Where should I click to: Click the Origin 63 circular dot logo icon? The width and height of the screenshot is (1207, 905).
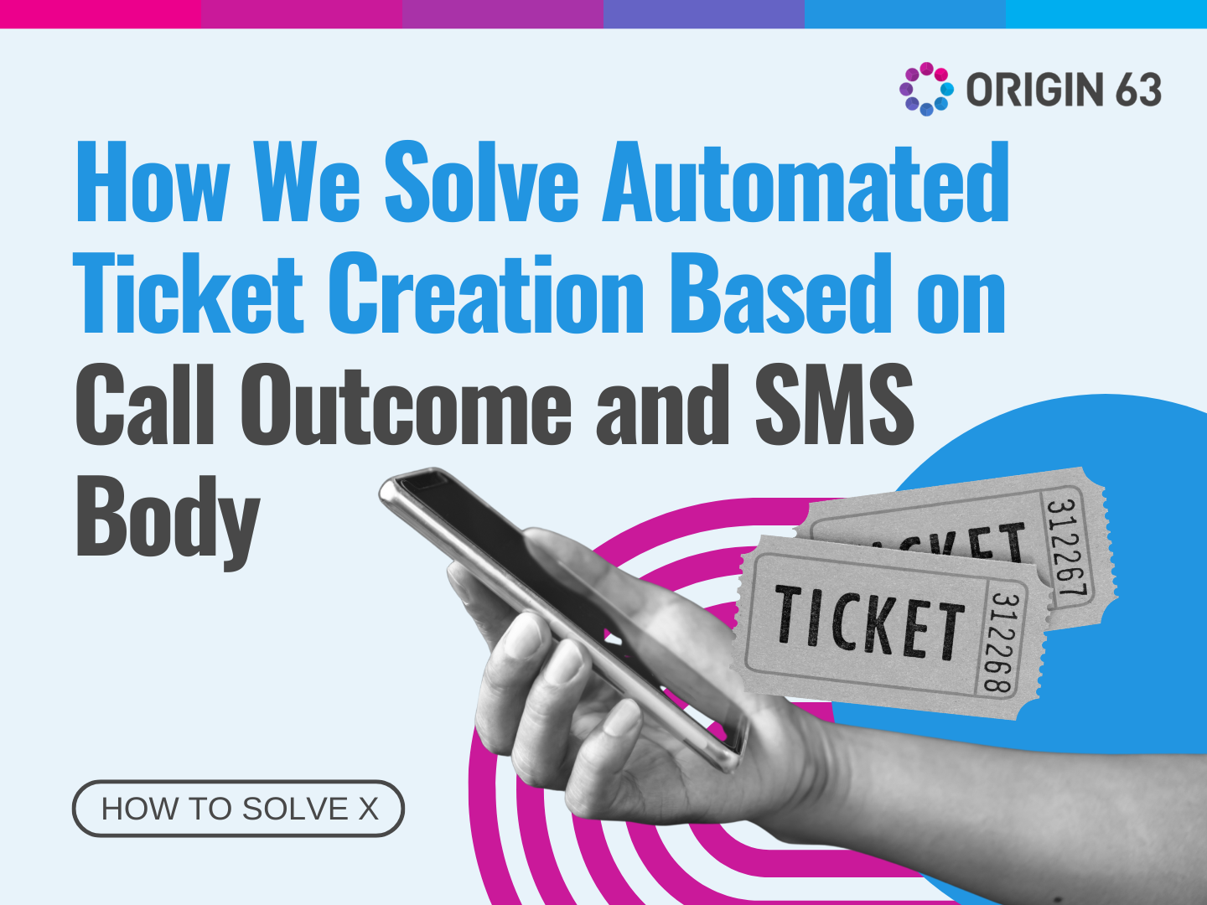tap(926, 89)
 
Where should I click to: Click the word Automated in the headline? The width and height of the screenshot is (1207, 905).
tap(806, 183)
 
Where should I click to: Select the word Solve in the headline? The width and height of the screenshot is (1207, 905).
tap(481, 183)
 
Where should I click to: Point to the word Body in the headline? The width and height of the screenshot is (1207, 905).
tap(168, 518)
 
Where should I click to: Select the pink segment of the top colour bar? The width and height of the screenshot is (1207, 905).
tap(101, 13)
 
